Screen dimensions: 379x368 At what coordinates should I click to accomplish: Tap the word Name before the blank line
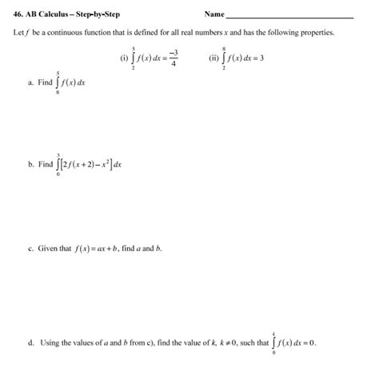214,14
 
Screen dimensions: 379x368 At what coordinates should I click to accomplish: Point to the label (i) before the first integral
123,58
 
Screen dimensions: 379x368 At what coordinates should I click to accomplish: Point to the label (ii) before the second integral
213,58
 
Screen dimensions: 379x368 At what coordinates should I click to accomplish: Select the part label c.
30,249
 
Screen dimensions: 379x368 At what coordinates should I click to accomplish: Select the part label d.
30,342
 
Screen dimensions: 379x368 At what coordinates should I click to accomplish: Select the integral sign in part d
274,342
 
